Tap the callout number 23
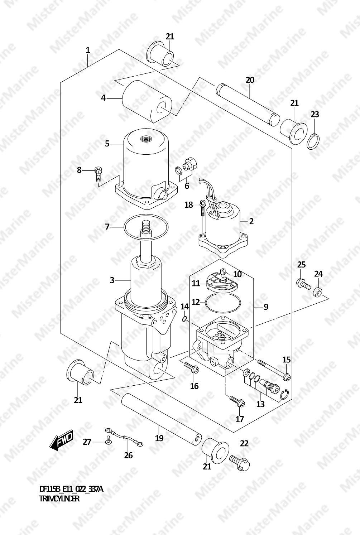(315, 114)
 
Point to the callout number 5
(107, 144)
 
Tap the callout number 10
(237, 274)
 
